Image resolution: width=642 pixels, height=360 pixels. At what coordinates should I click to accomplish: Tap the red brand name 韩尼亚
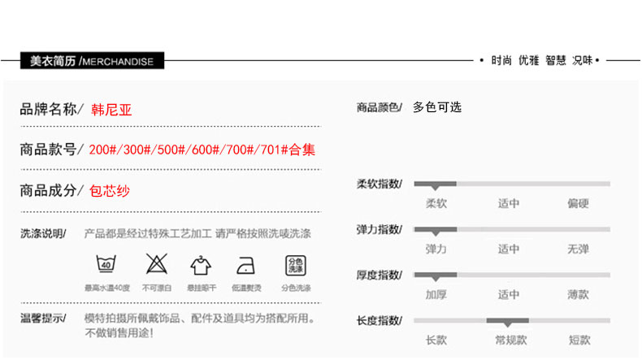(111, 109)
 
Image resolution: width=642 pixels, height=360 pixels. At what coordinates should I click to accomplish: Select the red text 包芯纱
(110, 191)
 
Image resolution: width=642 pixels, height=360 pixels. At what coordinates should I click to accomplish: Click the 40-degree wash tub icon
(106, 265)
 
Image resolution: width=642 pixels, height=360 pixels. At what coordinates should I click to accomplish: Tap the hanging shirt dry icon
(201, 265)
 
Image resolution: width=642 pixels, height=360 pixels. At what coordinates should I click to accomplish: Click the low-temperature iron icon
(245, 265)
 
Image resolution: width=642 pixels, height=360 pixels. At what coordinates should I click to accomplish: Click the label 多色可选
(437, 107)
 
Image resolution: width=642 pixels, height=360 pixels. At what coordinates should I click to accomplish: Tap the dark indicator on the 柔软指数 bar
(436, 184)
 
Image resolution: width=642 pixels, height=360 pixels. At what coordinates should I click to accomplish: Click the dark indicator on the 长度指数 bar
(508, 321)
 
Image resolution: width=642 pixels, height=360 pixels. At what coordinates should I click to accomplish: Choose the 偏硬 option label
(579, 203)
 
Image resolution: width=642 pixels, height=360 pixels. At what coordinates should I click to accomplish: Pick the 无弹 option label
(579, 249)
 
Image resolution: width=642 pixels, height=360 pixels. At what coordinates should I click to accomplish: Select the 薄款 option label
(579, 294)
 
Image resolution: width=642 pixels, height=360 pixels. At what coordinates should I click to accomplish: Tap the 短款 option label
(579, 340)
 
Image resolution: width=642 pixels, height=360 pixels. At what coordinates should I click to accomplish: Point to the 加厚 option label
(436, 294)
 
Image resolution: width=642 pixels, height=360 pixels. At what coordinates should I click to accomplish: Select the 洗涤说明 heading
(43, 234)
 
